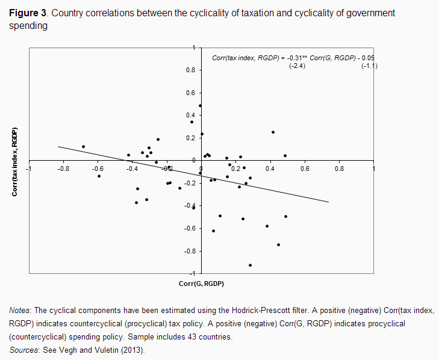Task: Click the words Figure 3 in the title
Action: pos(29,14)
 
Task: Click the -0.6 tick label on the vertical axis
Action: pos(190,229)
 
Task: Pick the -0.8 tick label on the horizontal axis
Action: pos(62,169)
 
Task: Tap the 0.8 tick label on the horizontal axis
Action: pos(339,169)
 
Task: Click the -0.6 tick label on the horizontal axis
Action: pos(97,169)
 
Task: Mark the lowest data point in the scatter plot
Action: pos(250,265)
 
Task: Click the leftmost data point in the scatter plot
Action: pos(83,146)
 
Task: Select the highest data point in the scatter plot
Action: pos(200,106)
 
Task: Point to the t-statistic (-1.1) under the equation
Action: pos(369,66)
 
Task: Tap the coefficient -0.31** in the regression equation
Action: pos(297,58)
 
